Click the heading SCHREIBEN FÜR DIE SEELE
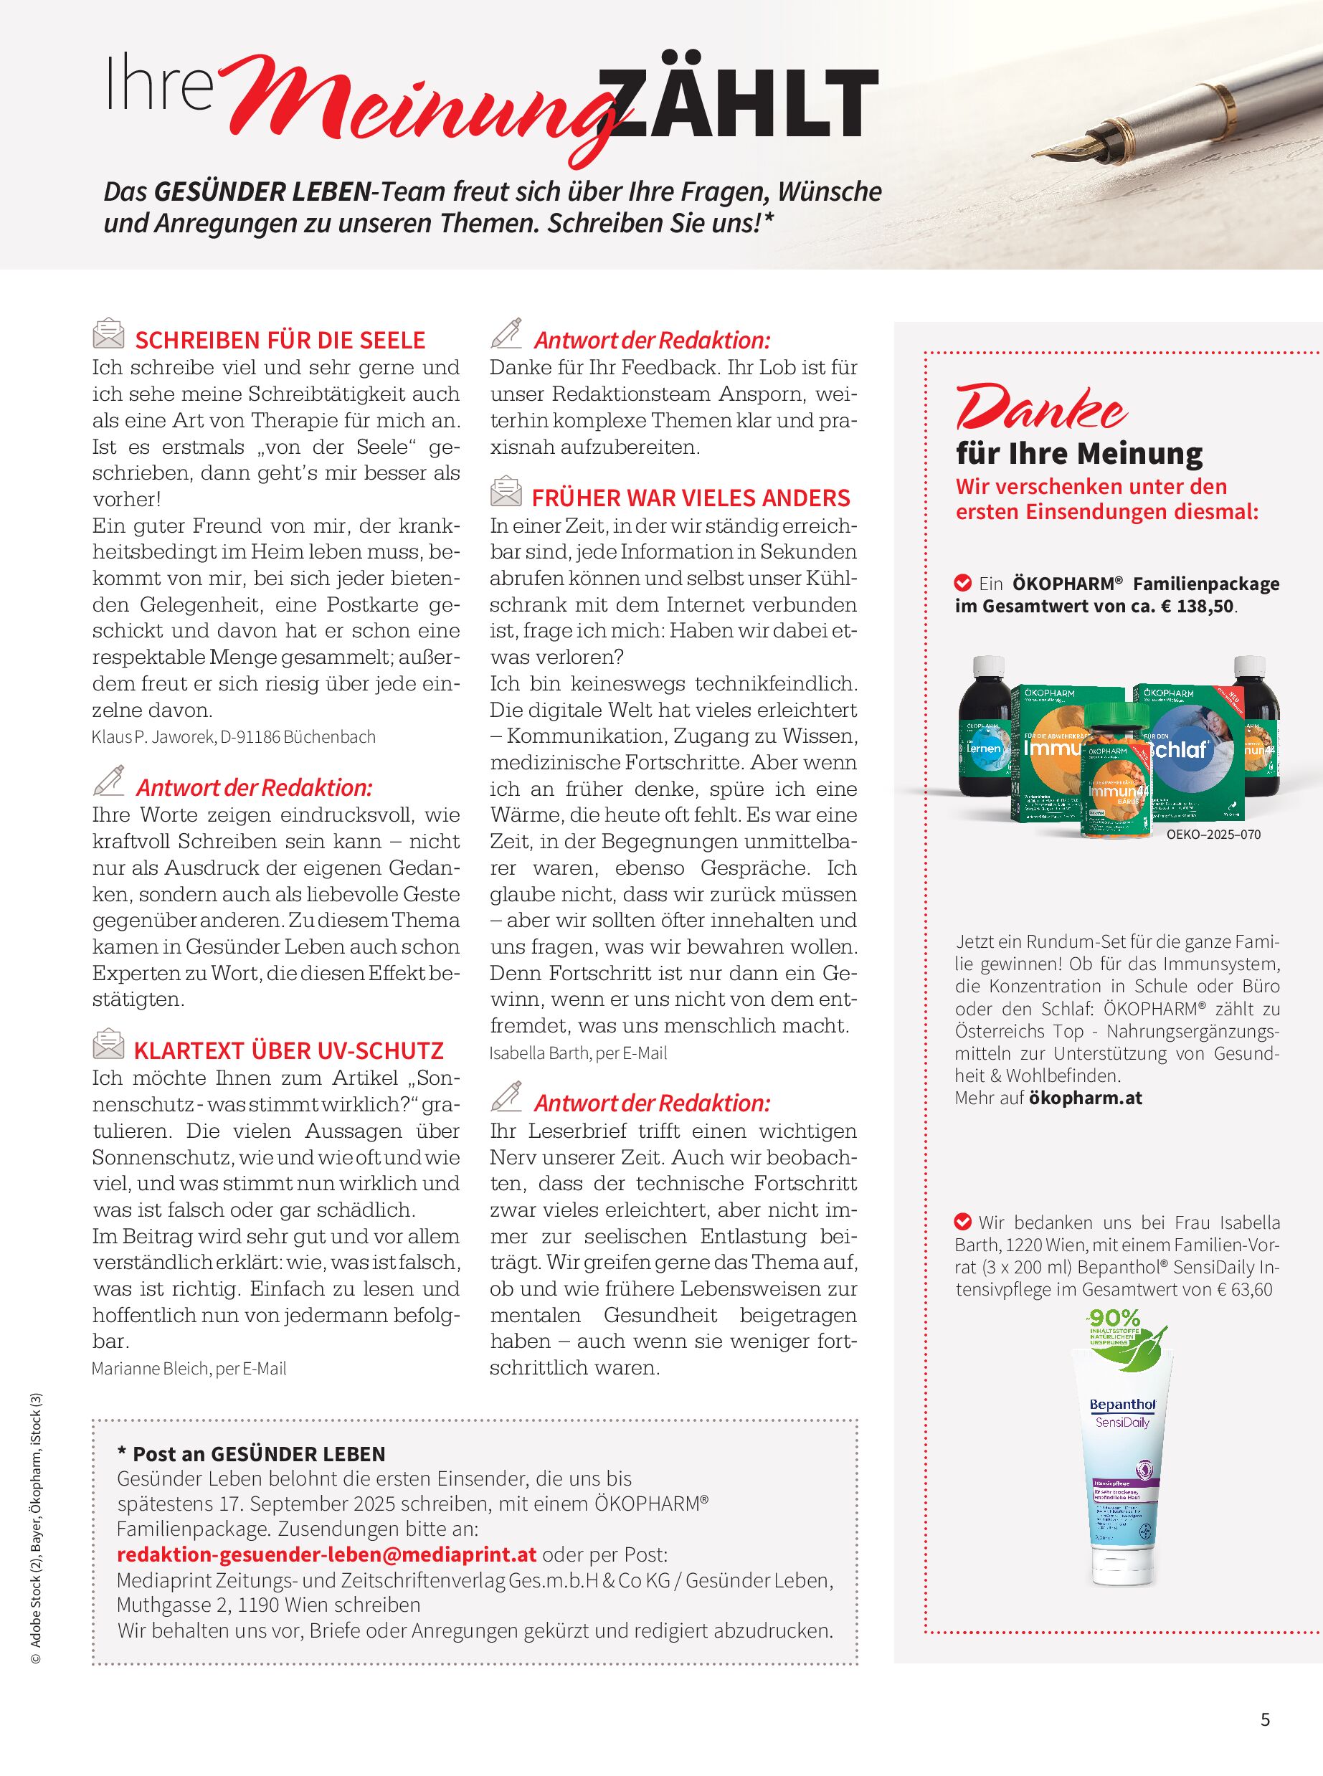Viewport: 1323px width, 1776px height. (x=280, y=341)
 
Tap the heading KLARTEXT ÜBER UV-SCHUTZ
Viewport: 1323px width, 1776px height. (x=288, y=1050)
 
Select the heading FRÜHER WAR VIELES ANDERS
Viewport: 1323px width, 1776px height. (x=691, y=498)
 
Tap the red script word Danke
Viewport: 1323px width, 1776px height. (x=1041, y=409)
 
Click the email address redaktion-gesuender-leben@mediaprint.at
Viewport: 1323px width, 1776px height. (x=327, y=1555)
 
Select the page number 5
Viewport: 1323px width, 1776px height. (x=1266, y=1720)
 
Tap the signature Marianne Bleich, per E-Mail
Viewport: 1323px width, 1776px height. (x=189, y=1369)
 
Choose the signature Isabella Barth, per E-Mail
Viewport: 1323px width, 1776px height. (x=578, y=1053)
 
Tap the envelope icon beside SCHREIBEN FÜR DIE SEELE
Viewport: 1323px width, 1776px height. (x=108, y=334)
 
